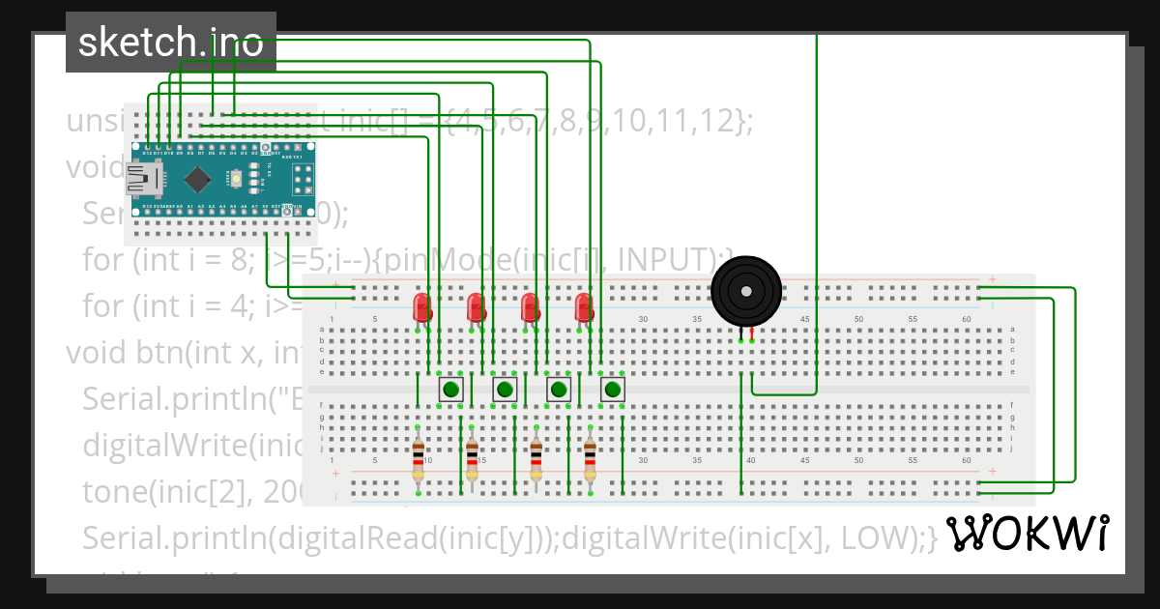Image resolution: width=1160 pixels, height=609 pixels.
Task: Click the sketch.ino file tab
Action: (x=170, y=43)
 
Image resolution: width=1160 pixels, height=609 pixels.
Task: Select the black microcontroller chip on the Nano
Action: (x=198, y=179)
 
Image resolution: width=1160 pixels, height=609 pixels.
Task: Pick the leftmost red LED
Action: (x=422, y=307)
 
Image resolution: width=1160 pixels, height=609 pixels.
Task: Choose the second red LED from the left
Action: (x=477, y=307)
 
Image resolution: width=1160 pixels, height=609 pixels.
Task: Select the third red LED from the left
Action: (x=530, y=307)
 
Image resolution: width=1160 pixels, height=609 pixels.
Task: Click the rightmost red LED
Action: (x=584, y=307)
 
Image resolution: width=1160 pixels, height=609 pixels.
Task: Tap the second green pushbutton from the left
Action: (x=504, y=390)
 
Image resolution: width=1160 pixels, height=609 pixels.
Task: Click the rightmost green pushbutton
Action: (x=612, y=390)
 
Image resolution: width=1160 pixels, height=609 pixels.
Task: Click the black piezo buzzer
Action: (x=745, y=290)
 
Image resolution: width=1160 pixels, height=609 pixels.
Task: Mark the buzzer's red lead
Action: (x=752, y=333)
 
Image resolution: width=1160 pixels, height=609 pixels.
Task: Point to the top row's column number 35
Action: (x=696, y=319)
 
